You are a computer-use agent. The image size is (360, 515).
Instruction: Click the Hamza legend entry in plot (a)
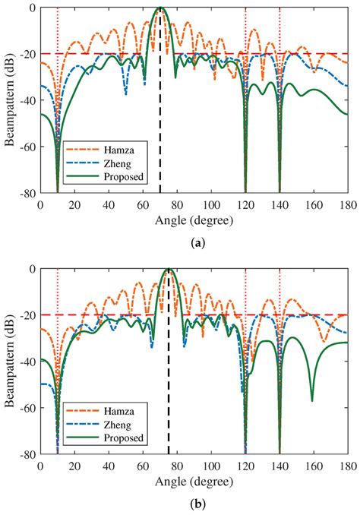point(105,150)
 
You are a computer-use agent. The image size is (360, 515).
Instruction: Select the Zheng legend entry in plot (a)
point(99,163)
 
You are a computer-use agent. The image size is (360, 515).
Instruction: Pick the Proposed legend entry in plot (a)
point(105,176)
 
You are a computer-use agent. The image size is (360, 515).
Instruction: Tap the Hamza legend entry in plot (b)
point(105,411)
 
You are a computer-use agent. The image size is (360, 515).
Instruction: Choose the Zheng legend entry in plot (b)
point(99,425)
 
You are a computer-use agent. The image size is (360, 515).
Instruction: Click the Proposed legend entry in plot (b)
point(105,438)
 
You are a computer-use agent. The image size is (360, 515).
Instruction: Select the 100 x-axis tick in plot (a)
point(212,205)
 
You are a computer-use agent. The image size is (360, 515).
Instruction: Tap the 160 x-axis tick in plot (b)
point(314,466)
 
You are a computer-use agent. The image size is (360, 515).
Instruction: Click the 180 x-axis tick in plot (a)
point(348,205)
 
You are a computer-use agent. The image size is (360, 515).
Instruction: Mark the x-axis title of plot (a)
point(194,221)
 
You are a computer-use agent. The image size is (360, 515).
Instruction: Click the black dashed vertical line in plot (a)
point(160,100)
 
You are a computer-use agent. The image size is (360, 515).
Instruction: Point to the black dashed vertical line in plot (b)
point(169,362)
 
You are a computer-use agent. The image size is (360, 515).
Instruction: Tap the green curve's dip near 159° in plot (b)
point(312,401)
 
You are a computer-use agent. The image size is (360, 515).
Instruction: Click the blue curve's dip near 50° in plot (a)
point(126,95)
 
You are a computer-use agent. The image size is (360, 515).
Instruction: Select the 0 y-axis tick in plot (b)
point(32,269)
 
